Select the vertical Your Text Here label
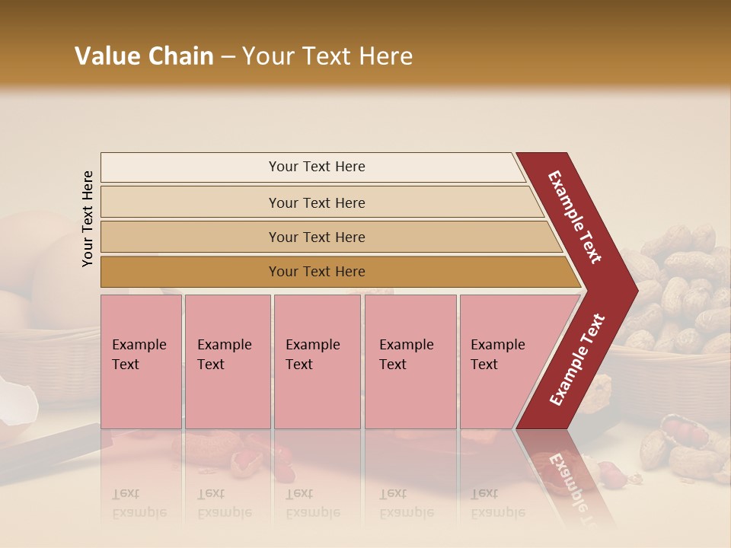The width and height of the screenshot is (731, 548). tap(88, 219)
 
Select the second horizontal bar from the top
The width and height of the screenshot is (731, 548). tap(317, 202)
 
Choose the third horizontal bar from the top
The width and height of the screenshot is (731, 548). tap(317, 237)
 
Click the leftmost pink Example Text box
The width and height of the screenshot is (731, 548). tap(141, 362)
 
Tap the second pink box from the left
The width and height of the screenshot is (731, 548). tap(227, 362)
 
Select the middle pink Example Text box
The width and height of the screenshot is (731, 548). tap(317, 362)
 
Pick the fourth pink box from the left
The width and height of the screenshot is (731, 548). tap(410, 362)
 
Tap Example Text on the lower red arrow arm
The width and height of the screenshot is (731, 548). tap(578, 359)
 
